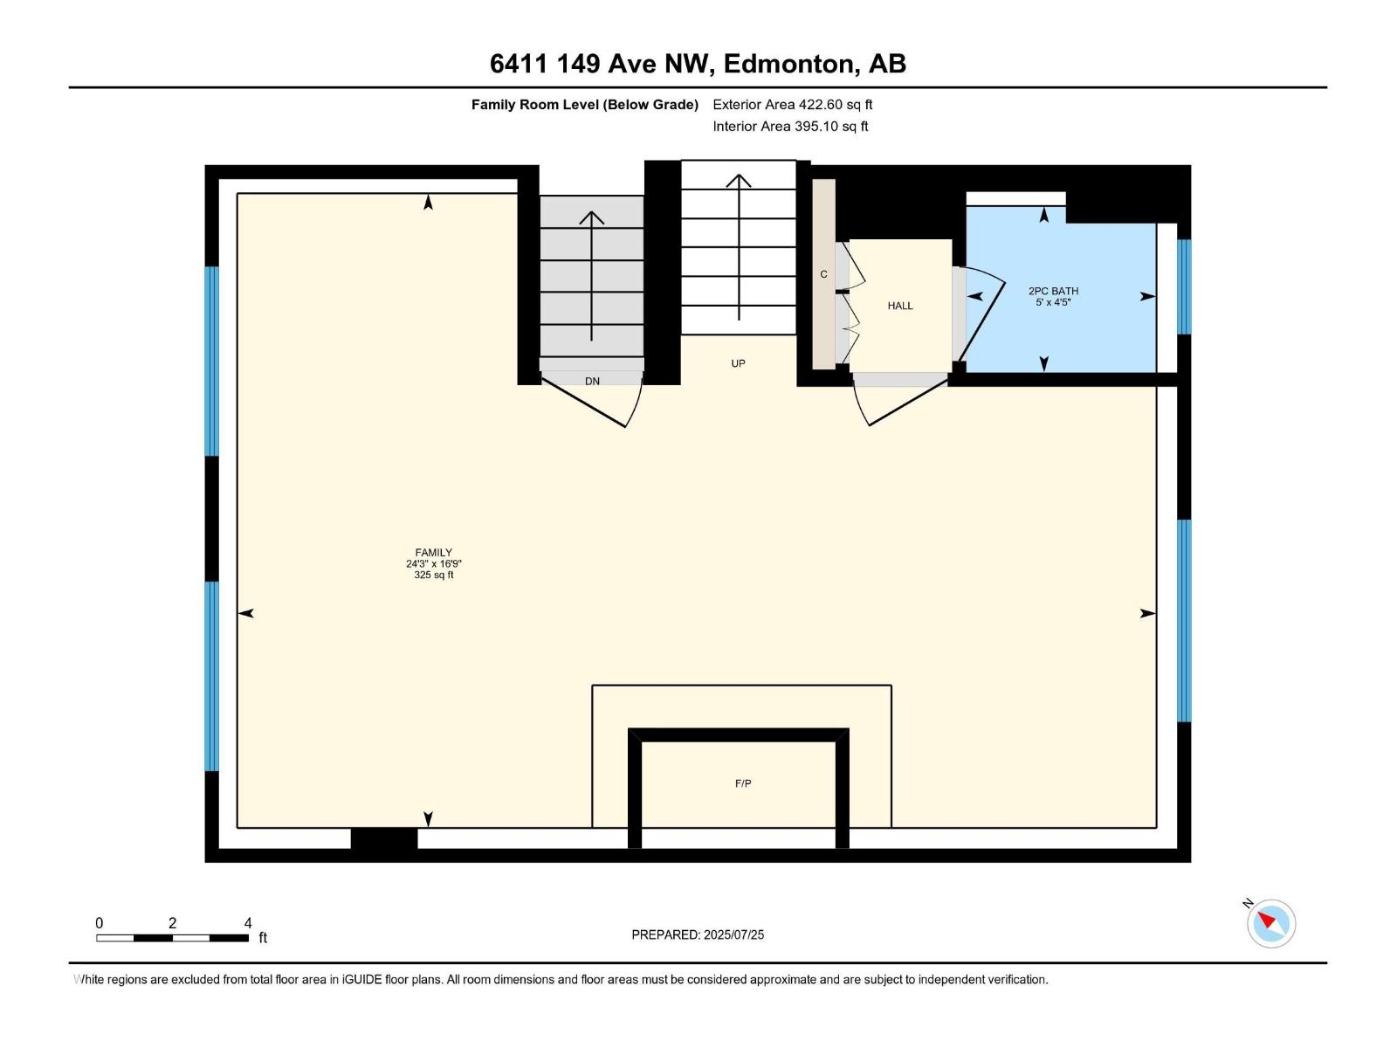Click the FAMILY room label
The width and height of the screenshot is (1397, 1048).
click(433, 553)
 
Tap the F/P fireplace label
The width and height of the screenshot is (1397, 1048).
click(743, 783)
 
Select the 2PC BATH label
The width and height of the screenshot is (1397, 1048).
click(1053, 291)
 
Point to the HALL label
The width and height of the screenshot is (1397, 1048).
click(900, 306)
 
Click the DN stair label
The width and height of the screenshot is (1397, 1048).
click(592, 381)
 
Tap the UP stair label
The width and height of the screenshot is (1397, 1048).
click(738, 363)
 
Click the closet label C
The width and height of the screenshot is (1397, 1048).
click(823, 274)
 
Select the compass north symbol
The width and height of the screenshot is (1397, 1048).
click(1270, 923)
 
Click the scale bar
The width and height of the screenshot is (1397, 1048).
click(172, 938)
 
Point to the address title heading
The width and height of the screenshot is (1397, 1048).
click(698, 64)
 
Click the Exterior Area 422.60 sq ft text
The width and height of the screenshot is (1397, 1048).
click(793, 105)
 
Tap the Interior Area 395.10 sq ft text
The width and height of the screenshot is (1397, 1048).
click(790, 127)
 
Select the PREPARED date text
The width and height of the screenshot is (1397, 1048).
click(698, 934)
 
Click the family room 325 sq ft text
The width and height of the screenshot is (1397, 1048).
click(433, 576)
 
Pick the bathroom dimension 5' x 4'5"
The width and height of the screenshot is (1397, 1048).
click(1053, 302)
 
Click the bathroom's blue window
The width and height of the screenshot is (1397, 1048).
click(1184, 286)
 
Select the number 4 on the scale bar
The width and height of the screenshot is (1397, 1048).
click(248, 923)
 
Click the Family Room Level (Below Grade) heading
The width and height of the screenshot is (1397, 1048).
click(585, 105)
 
